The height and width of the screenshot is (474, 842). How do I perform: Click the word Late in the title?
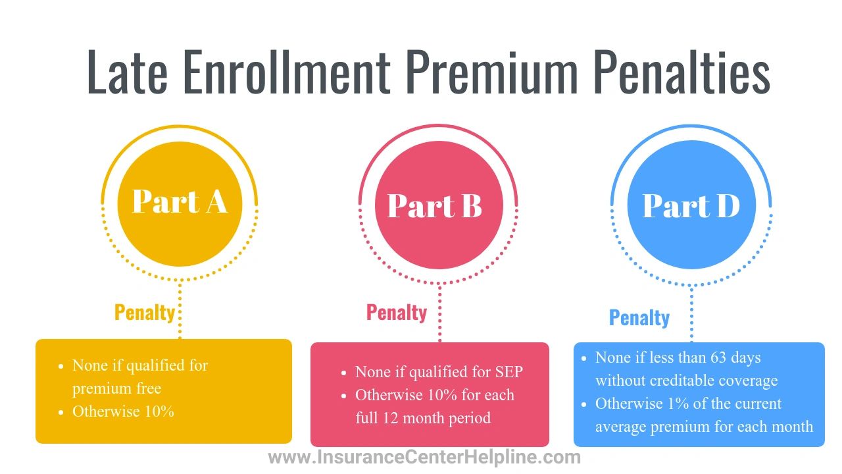127,72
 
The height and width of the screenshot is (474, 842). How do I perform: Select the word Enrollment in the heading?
287,72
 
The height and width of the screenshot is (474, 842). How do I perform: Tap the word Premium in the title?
491,72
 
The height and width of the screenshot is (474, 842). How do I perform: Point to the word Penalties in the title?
682,72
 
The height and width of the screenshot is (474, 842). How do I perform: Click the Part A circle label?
180,201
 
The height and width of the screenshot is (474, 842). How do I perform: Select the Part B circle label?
434,205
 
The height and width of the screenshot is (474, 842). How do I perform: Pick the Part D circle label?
691,205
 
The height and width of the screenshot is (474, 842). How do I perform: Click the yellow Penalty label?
145,313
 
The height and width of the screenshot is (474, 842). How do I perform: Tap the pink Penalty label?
397,313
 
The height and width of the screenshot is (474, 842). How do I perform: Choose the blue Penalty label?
639,318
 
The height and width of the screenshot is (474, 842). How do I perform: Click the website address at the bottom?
424,458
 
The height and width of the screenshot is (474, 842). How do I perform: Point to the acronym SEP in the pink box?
509,372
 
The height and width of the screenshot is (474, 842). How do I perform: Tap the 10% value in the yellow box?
159,411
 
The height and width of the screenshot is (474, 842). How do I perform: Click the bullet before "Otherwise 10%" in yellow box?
61,412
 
